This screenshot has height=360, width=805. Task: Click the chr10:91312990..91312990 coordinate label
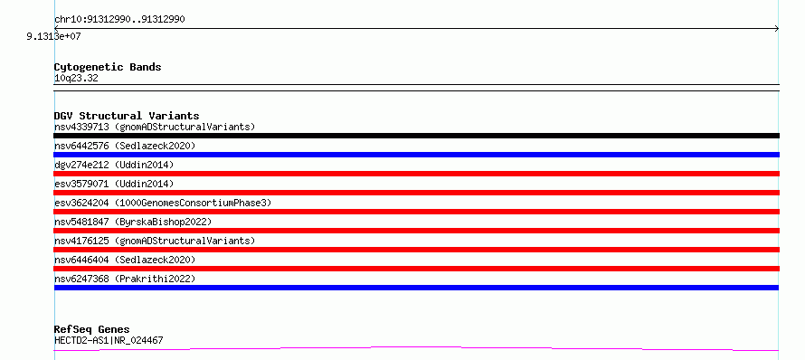(119, 20)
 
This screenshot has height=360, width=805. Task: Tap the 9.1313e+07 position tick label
(53, 36)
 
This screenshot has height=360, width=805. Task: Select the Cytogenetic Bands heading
(108, 67)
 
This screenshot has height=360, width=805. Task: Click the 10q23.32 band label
(76, 79)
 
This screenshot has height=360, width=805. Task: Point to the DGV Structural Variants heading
(127, 116)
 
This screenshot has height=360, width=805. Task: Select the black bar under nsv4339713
(416, 136)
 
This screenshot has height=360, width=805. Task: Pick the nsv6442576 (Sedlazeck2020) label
(125, 146)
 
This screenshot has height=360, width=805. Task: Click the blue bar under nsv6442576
(416, 155)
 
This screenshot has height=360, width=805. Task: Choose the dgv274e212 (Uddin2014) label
(114, 165)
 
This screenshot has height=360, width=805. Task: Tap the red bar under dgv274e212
(416, 174)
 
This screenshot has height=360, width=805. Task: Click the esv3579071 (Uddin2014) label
(114, 184)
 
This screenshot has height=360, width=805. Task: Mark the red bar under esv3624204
(416, 212)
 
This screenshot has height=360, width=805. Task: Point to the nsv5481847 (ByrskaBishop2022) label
(133, 222)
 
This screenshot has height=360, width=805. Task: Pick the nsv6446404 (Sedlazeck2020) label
(125, 260)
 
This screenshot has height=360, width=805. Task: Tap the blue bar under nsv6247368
(416, 288)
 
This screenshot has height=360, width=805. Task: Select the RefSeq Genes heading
(92, 330)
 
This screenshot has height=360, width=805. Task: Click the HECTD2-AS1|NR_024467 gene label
(109, 340)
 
